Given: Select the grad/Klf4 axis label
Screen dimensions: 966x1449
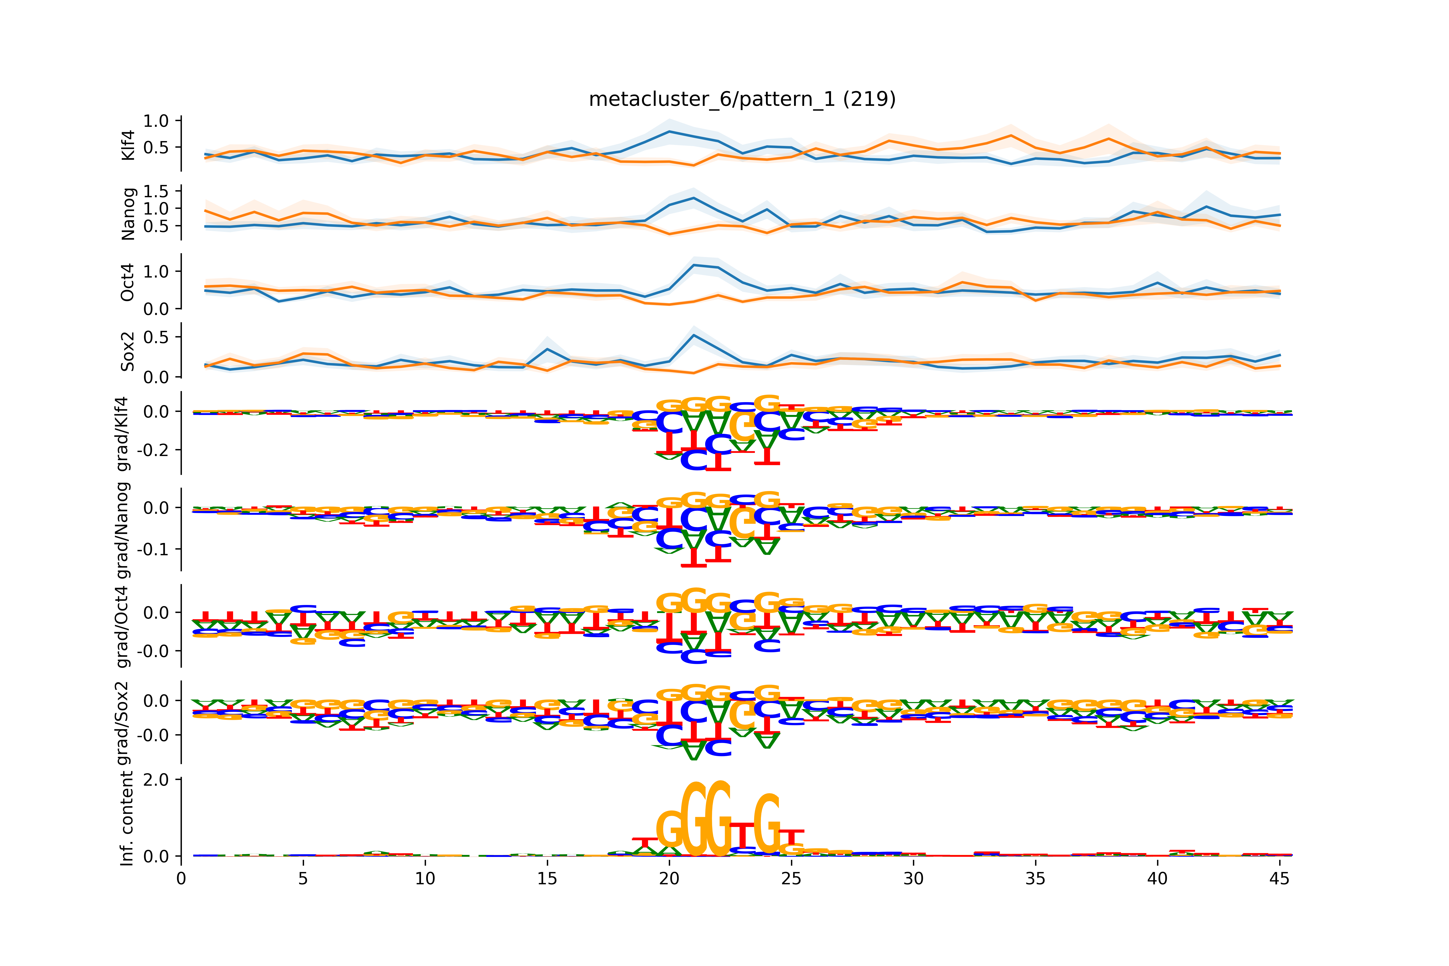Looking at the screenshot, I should click(123, 434).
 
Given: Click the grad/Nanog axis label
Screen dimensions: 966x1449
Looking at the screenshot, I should click(123, 530).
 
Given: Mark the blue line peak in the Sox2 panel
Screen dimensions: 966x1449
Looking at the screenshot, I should click(694, 335).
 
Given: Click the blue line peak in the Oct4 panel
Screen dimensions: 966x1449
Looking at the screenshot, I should click(694, 265).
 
